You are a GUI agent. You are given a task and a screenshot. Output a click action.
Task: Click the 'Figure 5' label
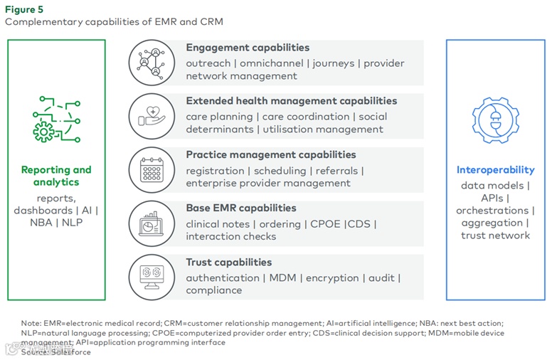[x=24, y=9]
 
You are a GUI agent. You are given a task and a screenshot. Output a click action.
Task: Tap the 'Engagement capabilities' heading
[x=248, y=48]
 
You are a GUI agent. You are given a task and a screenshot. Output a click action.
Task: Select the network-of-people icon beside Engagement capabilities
[x=152, y=63]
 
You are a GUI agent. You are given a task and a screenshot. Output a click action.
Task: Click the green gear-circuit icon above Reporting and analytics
[x=55, y=119]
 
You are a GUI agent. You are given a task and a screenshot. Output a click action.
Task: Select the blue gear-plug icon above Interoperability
[x=495, y=120]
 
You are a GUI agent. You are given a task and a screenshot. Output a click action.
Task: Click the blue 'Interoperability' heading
[x=495, y=170]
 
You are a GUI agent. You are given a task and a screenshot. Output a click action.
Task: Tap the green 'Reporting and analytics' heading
[x=56, y=176]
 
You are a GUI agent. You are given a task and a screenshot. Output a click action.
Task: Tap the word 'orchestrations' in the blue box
[x=492, y=211]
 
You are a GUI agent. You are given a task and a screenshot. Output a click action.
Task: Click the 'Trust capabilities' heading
[x=228, y=263]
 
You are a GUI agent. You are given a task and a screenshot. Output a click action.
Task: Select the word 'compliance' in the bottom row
[x=214, y=290]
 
